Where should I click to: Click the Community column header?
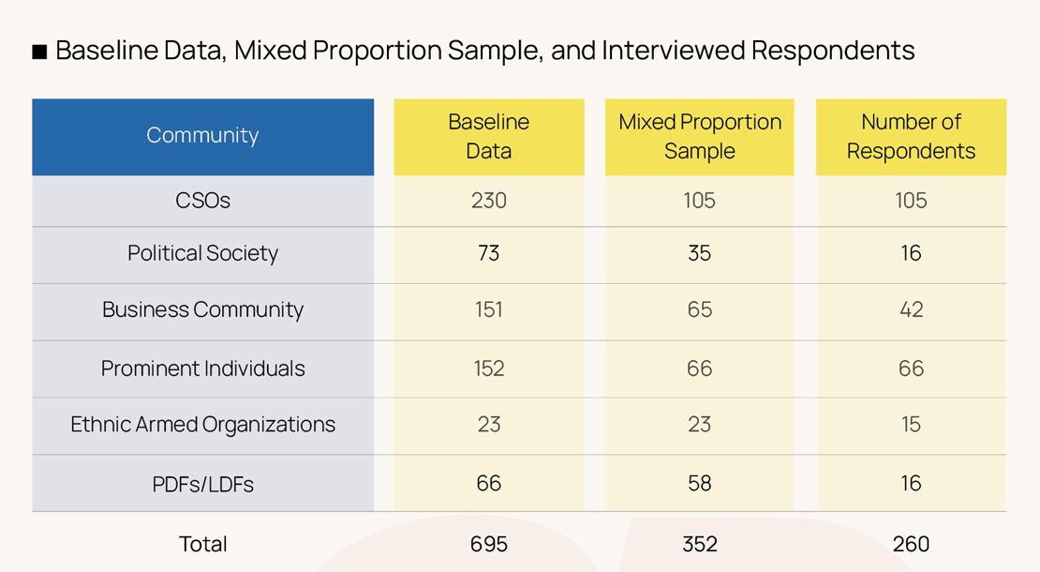[202, 136]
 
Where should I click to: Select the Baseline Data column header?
[488, 136]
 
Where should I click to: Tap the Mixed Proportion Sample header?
[700, 136]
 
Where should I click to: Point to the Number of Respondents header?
[911, 136]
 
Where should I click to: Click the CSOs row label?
[202, 201]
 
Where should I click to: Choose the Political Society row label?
[202, 253]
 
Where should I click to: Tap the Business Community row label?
[202, 310]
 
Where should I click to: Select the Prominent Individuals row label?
[202, 369]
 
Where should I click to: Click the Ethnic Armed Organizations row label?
[202, 425]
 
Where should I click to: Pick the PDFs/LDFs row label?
[202, 484]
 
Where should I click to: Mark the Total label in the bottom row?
[202, 544]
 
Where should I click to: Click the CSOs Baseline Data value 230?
[488, 201]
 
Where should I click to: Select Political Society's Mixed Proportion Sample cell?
[700, 253]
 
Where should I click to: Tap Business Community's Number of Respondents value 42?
[911, 310]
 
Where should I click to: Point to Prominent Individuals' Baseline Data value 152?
[488, 369]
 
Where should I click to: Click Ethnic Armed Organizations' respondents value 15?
[911, 425]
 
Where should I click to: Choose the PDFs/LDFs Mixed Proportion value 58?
[700, 484]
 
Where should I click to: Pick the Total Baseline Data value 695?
[488, 544]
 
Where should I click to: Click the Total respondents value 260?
[911, 544]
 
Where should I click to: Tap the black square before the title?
[39, 52]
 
